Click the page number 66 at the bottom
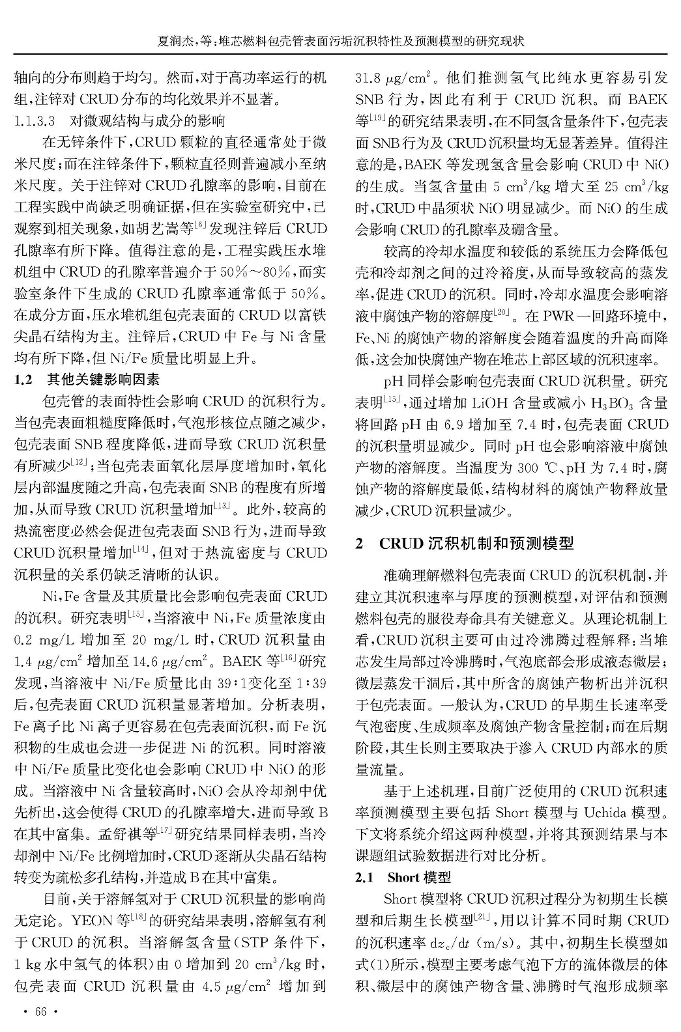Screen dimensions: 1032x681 (41, 1011)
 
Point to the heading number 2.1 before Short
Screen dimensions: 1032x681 (364, 878)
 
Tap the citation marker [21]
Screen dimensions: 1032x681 (482, 918)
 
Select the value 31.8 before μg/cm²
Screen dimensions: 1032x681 (367, 79)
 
